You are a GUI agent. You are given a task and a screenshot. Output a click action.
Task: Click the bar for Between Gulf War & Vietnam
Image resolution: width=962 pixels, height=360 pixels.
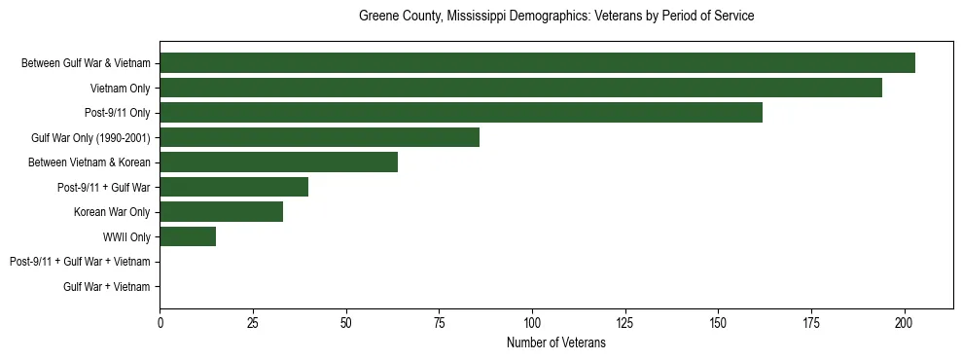point(537,63)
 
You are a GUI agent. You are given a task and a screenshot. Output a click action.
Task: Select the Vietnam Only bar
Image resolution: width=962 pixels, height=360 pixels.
point(520,88)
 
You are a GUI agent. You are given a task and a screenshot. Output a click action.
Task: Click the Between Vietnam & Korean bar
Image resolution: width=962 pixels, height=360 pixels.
point(278,162)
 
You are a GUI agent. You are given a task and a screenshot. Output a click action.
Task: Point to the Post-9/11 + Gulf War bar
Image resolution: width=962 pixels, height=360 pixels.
point(233,187)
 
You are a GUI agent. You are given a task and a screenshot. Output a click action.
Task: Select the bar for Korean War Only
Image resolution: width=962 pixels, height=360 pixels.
point(221,212)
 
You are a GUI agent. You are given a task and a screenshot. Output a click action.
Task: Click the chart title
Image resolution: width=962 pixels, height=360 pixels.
point(556,17)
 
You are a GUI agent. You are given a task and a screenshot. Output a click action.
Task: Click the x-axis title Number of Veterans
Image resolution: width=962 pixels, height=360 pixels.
point(556,342)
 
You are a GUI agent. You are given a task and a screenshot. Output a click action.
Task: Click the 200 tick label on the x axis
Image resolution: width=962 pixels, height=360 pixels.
point(905,322)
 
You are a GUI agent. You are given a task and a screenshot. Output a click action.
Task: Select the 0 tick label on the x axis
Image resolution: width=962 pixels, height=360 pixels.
point(160,322)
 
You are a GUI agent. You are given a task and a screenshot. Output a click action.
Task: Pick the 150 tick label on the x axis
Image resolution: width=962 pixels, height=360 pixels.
point(718,322)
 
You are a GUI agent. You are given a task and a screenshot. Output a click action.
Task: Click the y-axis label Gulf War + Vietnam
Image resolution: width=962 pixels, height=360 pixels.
point(107,287)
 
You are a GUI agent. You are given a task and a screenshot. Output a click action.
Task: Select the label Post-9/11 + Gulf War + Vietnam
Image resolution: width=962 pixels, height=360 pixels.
point(80,262)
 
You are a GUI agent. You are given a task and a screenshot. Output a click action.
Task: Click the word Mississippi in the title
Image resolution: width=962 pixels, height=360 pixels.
point(474,17)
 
